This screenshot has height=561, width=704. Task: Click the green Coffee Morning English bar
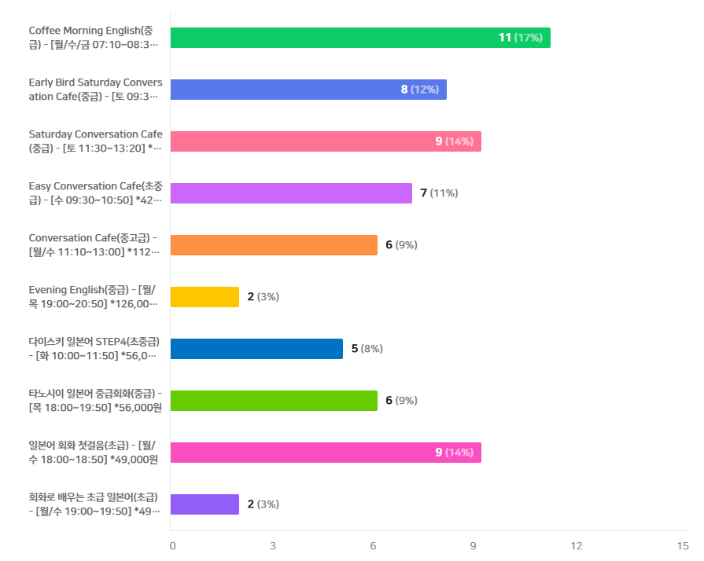tap(360, 38)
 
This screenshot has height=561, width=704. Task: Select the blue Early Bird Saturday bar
tap(308, 90)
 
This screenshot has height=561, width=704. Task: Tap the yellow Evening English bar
tap(205, 297)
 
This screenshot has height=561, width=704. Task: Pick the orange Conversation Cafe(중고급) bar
tap(274, 245)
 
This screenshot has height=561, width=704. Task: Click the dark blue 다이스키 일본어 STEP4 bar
tap(256, 349)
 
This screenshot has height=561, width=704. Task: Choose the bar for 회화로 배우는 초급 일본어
tap(205, 504)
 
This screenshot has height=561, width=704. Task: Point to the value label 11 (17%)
tap(521, 38)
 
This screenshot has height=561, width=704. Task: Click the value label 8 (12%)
tap(420, 90)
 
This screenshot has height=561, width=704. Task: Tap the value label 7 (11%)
tap(439, 192)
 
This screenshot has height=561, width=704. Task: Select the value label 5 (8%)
tap(367, 348)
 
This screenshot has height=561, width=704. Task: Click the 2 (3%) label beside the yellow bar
tap(263, 296)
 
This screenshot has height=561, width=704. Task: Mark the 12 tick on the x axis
tap(577, 546)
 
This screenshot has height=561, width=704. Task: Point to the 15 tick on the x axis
tap(683, 546)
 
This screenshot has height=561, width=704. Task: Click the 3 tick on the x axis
tap(273, 546)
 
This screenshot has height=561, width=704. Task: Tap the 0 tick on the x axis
tap(173, 546)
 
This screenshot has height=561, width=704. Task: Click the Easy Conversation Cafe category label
tap(96, 192)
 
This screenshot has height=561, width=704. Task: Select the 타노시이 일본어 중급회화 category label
tap(95, 401)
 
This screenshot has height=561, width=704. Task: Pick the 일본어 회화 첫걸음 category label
tap(94, 452)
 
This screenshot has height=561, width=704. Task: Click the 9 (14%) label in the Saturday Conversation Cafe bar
tap(455, 141)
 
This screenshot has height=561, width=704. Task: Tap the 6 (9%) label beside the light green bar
tap(401, 400)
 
